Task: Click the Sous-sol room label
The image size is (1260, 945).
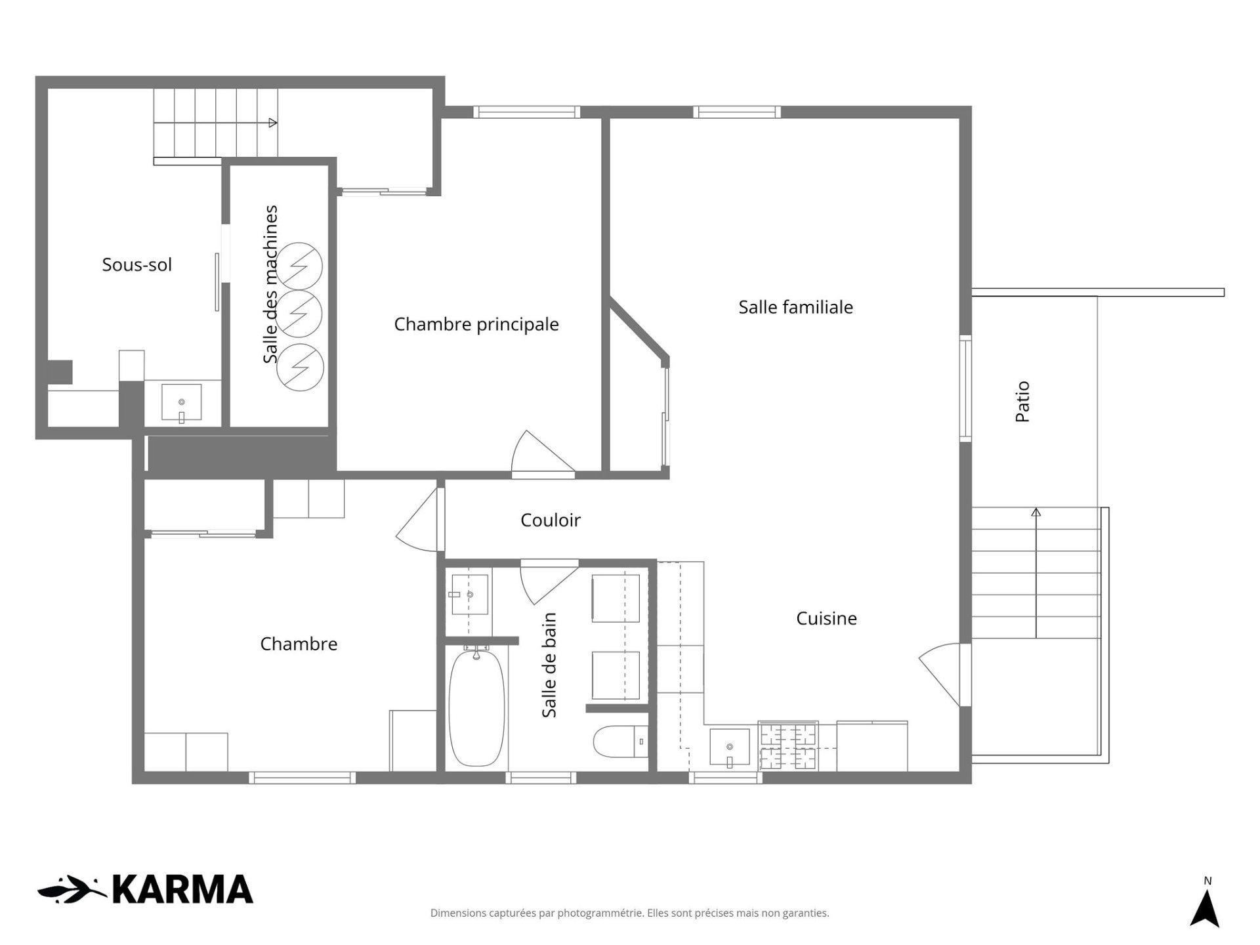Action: click(136, 264)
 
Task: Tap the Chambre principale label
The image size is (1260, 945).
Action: click(476, 324)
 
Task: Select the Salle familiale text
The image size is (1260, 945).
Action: click(795, 307)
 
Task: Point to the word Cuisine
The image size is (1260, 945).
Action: click(826, 618)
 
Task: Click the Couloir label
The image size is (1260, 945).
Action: click(551, 520)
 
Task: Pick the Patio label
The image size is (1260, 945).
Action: click(1022, 402)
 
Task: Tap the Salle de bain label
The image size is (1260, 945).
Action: click(549, 665)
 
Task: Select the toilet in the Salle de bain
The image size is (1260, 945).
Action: click(620, 742)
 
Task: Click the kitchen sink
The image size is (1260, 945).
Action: click(729, 747)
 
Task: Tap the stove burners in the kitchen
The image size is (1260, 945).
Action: click(787, 746)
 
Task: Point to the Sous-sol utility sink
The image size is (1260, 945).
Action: click(182, 402)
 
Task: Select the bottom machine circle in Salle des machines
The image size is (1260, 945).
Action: click(300, 367)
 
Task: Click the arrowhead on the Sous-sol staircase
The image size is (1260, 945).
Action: click(273, 123)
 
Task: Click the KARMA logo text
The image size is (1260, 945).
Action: click(182, 890)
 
